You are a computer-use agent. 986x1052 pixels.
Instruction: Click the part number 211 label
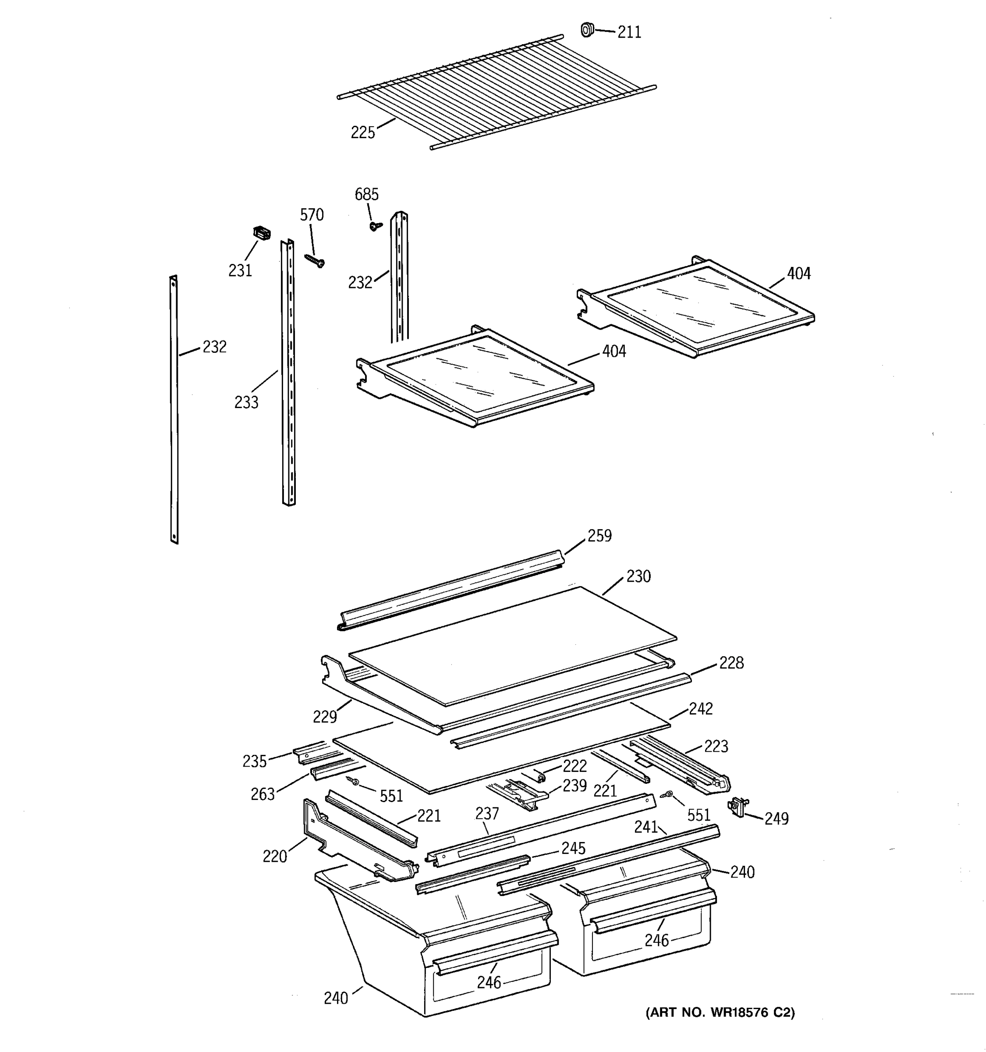[629, 33]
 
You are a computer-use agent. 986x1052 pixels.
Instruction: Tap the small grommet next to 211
[586, 30]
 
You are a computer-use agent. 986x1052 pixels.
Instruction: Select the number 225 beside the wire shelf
[363, 132]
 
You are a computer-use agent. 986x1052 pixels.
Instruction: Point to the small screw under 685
[376, 226]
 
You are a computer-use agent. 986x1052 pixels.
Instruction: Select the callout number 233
[246, 402]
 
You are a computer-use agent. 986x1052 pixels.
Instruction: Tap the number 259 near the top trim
[599, 536]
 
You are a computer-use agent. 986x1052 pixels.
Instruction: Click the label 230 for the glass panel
[638, 576]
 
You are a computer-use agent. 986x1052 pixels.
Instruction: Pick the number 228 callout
[731, 662]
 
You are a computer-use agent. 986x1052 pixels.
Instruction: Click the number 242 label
[701, 708]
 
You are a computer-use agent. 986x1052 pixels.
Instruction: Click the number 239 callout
[575, 785]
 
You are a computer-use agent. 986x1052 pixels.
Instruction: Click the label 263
[263, 794]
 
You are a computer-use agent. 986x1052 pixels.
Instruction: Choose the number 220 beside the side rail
[275, 856]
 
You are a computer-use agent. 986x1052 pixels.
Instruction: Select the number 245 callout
[573, 848]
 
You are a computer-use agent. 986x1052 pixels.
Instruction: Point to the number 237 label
[487, 814]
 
